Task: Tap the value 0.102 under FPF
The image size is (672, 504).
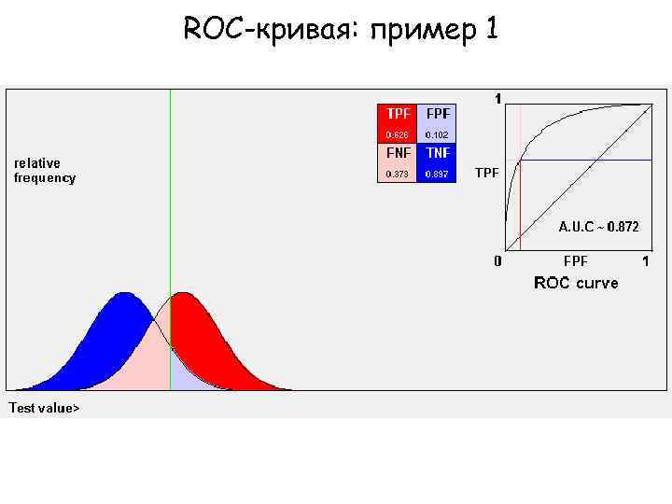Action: click(437, 133)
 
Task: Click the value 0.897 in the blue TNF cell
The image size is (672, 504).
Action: click(437, 174)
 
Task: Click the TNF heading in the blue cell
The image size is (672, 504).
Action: click(437, 153)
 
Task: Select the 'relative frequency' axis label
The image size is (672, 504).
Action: click(45, 171)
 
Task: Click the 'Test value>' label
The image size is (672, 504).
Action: click(44, 408)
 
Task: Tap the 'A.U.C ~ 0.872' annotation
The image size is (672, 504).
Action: click(598, 226)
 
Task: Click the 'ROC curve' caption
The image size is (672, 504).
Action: click(575, 283)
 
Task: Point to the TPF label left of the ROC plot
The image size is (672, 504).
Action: click(486, 173)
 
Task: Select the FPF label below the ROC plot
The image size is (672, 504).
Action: click(575, 260)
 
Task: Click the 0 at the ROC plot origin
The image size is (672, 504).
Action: click(497, 261)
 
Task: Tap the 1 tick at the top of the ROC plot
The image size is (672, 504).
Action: click(497, 98)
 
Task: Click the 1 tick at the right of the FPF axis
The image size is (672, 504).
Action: click(646, 260)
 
